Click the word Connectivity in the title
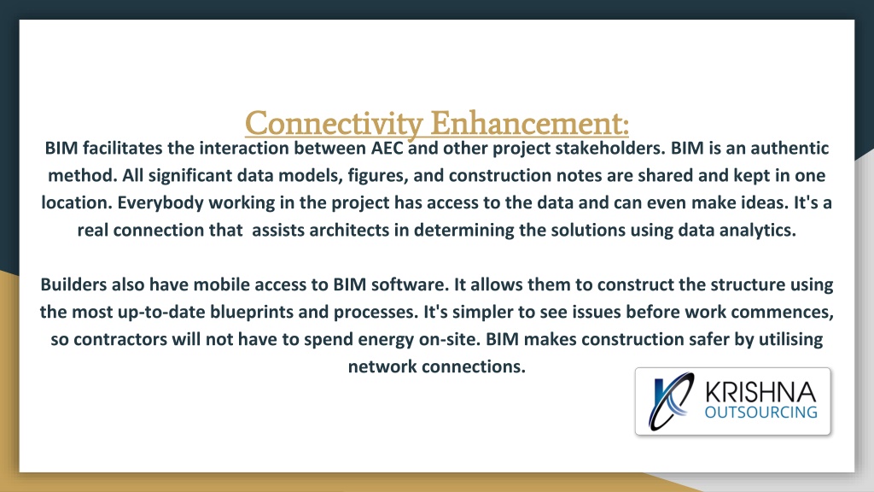pyautogui.click(x=334, y=124)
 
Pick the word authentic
pyautogui.click(x=790, y=148)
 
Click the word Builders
pyautogui.click(x=73, y=284)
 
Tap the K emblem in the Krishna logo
pyautogui.click(x=671, y=401)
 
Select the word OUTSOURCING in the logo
pyautogui.click(x=760, y=413)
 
